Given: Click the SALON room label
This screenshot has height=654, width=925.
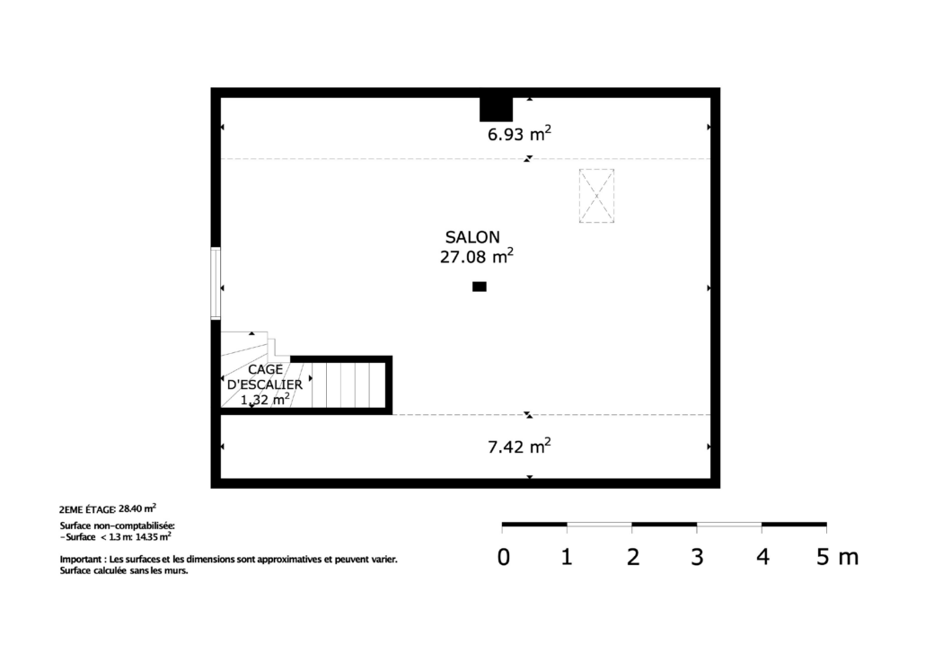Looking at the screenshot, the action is [472, 237].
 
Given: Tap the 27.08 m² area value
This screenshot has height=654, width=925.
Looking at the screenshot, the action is [477, 256].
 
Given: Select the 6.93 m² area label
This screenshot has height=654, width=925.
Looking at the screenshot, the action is [519, 133].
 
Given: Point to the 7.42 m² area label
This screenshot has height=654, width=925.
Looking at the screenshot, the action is [519, 446].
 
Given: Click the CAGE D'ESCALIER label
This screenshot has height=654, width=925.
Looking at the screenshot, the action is [265, 376].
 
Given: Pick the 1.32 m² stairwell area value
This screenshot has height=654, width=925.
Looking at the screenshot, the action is [265, 400].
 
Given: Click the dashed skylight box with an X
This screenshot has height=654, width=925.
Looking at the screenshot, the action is [596, 196].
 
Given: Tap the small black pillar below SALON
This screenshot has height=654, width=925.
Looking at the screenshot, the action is [480, 287].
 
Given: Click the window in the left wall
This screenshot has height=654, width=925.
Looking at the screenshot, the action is [216, 283].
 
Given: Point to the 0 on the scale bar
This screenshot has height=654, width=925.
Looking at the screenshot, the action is [503, 557].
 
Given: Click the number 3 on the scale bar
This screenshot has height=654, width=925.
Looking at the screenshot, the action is [697, 557].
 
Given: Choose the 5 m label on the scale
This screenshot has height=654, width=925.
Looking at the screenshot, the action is [837, 557].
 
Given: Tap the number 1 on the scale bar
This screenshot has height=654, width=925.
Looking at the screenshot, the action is [567, 557].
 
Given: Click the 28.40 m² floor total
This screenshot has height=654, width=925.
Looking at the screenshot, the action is [137, 508].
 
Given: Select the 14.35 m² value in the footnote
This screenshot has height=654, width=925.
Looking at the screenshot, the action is [154, 536].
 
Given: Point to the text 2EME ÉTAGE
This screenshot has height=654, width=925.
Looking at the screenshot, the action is [87, 509].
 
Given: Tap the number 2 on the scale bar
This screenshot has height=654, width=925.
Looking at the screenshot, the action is [633, 557].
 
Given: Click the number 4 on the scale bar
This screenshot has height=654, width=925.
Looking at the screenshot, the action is [762, 557].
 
